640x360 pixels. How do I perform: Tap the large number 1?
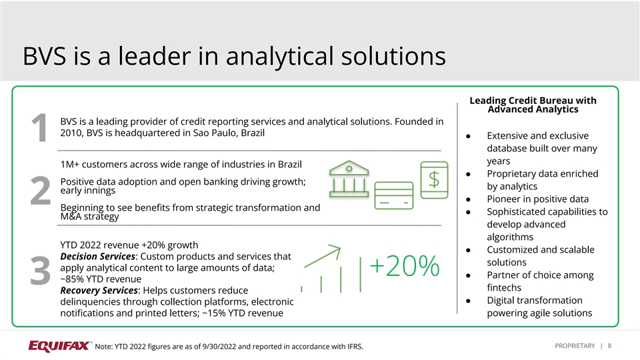[x=39, y=128]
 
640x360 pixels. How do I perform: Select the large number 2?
[x=40, y=190]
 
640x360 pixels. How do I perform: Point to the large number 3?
[x=40, y=271]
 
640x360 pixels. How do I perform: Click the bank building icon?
[x=349, y=179]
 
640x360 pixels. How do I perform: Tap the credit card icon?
[x=394, y=196]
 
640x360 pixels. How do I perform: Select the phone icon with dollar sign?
[x=434, y=180]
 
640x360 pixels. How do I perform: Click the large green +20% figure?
[x=405, y=266]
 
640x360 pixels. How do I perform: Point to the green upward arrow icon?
[x=323, y=256]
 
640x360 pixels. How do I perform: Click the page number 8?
[x=609, y=346]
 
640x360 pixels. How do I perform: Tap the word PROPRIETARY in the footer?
[x=575, y=346]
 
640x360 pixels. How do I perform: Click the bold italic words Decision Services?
[x=97, y=256]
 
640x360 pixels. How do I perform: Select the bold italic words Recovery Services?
[x=99, y=290]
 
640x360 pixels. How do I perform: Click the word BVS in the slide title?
[x=44, y=56]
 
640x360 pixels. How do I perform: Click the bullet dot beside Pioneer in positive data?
[x=468, y=199]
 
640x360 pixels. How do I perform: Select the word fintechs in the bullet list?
[x=504, y=287]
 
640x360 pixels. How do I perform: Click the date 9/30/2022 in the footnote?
[x=219, y=347]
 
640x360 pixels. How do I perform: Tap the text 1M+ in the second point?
[x=70, y=164]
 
